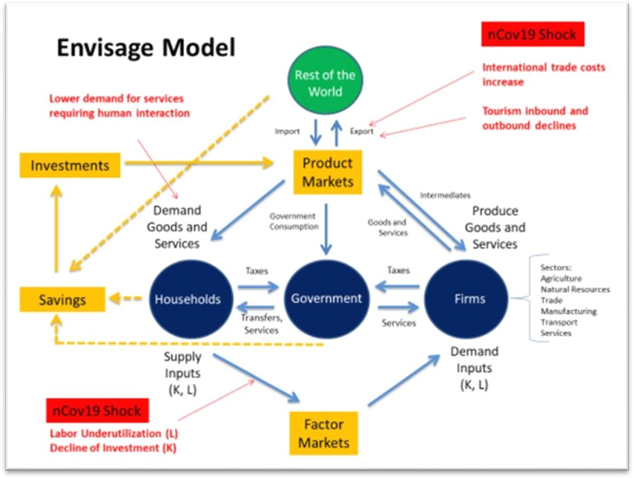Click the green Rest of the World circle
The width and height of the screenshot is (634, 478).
325,84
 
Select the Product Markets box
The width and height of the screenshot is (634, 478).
327,172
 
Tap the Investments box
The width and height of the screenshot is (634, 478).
70,165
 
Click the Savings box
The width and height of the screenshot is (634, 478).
62,299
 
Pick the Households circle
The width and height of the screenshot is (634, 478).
188,299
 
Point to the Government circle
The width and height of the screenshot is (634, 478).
326,299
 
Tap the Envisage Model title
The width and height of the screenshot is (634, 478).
146,49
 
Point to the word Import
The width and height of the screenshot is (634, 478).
287,132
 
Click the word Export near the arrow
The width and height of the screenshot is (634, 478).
363,132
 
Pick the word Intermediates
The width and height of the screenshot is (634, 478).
445,196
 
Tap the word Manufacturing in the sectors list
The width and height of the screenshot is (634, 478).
568,311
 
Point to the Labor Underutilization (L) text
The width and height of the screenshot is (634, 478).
114,433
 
